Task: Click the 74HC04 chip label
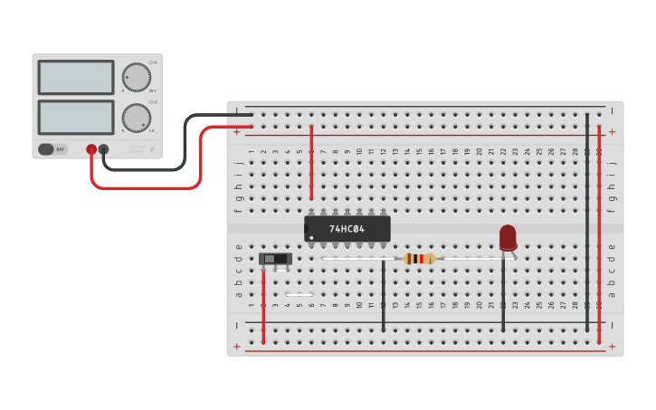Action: (x=347, y=229)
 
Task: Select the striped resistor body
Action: (x=419, y=259)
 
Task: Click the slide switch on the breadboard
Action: (x=275, y=260)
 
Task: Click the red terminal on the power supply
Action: (x=91, y=149)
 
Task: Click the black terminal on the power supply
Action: (x=104, y=149)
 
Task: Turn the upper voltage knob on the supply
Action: (x=136, y=77)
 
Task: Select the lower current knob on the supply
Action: (x=136, y=118)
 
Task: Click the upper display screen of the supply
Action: (x=76, y=78)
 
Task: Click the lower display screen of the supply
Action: (x=76, y=118)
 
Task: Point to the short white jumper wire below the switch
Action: (x=299, y=294)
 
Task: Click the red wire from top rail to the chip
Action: (x=311, y=163)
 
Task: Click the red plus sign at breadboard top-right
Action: (x=612, y=132)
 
